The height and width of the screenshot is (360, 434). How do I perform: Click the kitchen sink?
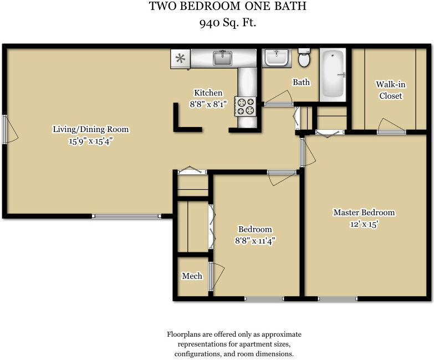coord(222,58)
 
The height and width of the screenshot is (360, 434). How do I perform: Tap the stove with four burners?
coord(246,107)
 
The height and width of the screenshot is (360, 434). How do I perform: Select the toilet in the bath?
coord(304,58)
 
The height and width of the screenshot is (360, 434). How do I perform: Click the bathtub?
coord(333,75)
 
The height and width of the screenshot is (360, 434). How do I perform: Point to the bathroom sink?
coord(277,57)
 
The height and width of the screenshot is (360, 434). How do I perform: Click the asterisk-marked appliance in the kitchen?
coord(180,58)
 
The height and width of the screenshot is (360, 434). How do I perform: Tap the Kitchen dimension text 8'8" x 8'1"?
coord(208,104)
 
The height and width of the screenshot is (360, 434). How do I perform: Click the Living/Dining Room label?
coord(91,129)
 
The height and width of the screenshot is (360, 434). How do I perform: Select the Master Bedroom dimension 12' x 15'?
coord(364,224)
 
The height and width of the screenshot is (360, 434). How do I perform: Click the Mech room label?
coord(192,276)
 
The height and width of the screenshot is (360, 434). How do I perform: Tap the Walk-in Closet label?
coord(391,90)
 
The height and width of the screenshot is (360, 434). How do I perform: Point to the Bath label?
coord(301,82)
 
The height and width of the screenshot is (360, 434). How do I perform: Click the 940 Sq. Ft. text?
coord(228,23)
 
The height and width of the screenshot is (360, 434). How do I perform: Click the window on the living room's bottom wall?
coord(126,216)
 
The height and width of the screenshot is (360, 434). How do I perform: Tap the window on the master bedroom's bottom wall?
coord(338,298)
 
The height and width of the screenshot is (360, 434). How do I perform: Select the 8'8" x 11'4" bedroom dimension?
coord(255,241)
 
